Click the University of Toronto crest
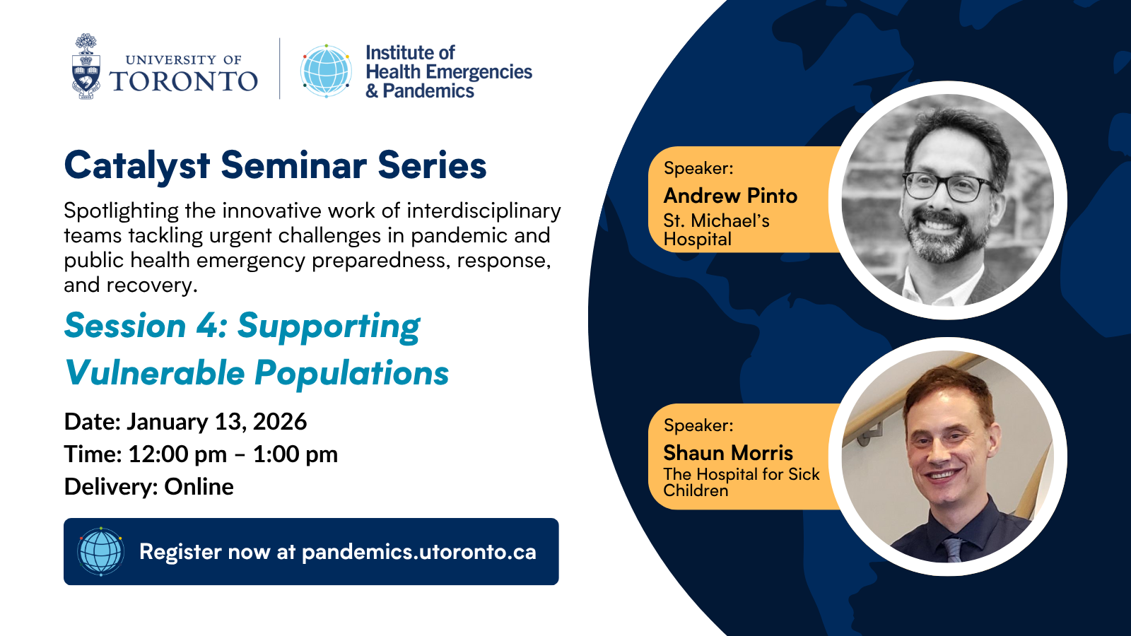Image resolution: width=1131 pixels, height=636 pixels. [86, 66]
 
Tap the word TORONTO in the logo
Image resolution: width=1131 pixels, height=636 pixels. [183, 81]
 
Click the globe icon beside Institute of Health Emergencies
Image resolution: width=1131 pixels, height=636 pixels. [326, 71]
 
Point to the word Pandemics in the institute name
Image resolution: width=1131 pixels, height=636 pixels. [428, 91]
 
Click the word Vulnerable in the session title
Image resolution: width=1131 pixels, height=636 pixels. [155, 373]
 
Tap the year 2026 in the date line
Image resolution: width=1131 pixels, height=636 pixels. [280, 421]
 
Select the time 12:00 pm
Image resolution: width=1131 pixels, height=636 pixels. [177, 454]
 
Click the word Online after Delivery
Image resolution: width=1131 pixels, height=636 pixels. [199, 487]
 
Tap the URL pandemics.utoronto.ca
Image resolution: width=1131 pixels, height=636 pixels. [419, 552]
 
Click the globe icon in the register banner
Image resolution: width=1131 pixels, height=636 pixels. [101, 552]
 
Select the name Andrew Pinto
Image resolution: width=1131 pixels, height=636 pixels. [730, 196]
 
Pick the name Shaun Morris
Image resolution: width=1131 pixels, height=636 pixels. [728, 453]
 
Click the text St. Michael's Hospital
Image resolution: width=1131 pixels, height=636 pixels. [717, 230]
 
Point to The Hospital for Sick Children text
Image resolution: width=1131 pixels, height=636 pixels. [742, 482]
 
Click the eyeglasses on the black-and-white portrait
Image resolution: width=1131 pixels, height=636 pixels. [947, 187]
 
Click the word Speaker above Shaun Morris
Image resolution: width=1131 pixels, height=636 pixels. [698, 425]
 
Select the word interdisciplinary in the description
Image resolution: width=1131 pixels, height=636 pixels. [484, 211]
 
